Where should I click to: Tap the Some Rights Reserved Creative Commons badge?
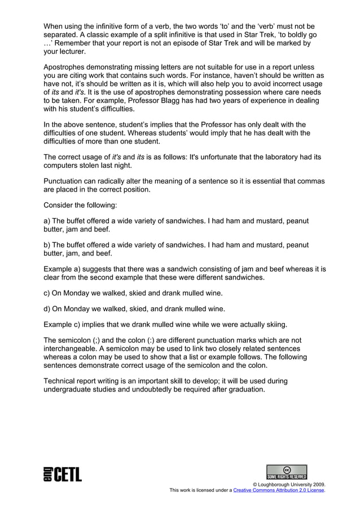[287, 472]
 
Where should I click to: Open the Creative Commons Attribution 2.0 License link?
[279, 490]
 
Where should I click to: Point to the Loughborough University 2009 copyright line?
[288, 485]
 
